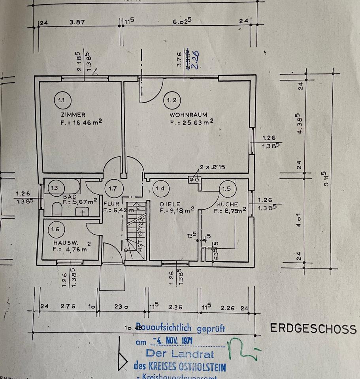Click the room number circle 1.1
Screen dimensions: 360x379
coord(61,100)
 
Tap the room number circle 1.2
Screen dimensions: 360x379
coord(172,100)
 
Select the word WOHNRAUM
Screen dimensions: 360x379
coord(188,115)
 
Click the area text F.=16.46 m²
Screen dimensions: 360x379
coord(79,122)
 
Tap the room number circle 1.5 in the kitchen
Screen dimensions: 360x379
coord(226,189)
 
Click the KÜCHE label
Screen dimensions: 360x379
coord(227,205)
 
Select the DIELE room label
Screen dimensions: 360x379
coord(170,204)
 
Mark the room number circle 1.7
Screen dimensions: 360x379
coord(113,188)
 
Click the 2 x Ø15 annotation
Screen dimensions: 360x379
coord(212,167)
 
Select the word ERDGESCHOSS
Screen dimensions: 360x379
coord(313,328)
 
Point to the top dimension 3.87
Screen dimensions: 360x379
coord(77,23)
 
